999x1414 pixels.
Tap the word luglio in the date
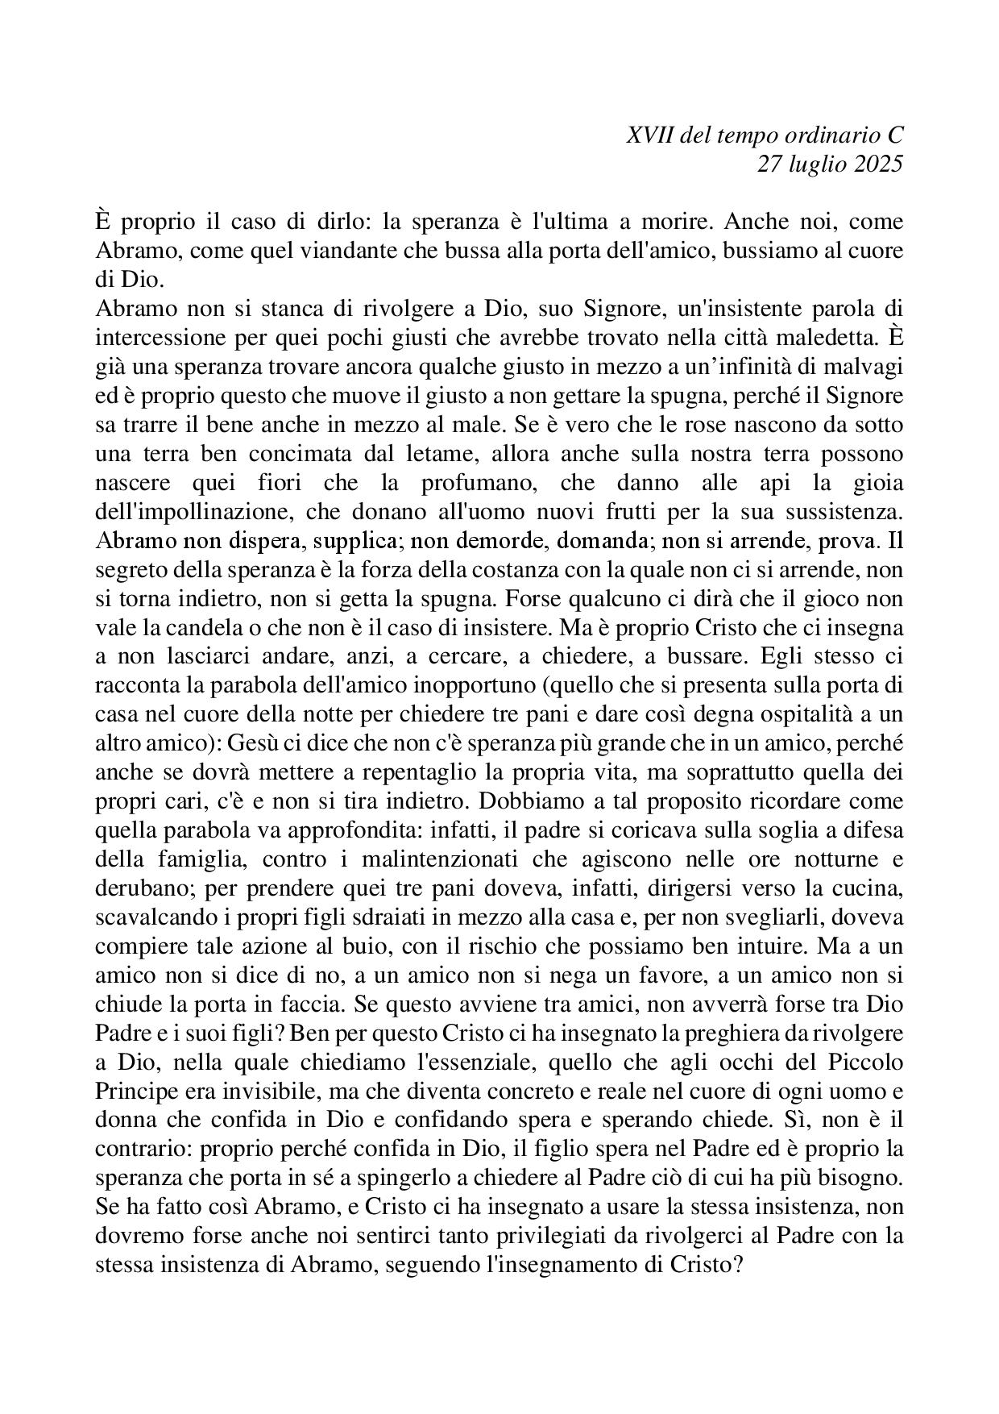809,164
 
